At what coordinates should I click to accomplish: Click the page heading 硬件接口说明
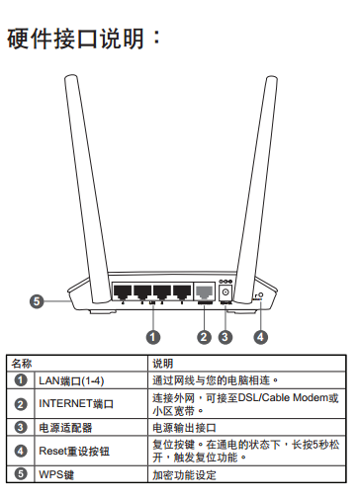[x=75, y=39]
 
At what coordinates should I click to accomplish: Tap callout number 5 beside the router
[x=37, y=301]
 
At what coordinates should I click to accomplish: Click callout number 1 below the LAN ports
[x=153, y=337]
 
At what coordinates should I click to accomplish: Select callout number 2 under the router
[x=204, y=337]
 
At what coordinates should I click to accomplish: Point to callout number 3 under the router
[x=225, y=337]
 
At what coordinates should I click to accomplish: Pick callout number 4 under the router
[x=260, y=337]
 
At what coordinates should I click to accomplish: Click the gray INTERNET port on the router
[x=205, y=292]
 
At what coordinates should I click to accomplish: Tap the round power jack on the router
[x=225, y=292]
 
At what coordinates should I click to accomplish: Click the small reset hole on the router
[x=261, y=295]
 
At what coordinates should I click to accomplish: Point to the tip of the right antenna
[x=271, y=78]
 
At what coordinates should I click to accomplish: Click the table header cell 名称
[x=22, y=364]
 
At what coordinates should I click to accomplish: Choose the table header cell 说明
[x=163, y=364]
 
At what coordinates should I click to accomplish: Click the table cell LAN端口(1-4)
[x=71, y=380]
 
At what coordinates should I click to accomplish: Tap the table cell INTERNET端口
[x=76, y=404]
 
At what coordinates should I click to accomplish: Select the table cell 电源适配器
[x=65, y=428]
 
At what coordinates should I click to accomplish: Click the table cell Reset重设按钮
[x=74, y=451]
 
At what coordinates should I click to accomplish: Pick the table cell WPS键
[x=56, y=474]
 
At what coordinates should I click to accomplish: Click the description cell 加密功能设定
[x=184, y=475]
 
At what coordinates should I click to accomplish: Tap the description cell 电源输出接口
[x=184, y=428]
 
